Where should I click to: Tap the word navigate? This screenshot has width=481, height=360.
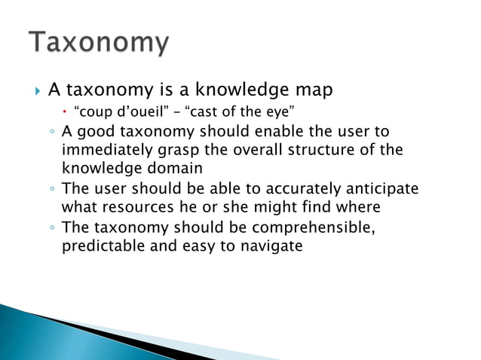(273, 246)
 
